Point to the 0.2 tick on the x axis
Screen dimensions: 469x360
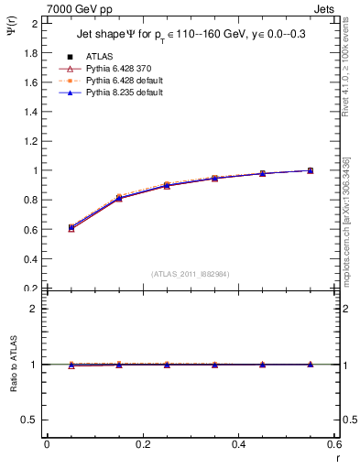pos(142,444)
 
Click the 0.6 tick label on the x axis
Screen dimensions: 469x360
pos(333,444)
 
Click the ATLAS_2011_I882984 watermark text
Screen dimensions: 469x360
pos(191,274)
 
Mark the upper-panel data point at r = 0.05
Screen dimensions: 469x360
pos(71,227)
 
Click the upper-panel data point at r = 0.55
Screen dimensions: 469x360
pos(311,170)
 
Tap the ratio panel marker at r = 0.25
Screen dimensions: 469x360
pos(167,365)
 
